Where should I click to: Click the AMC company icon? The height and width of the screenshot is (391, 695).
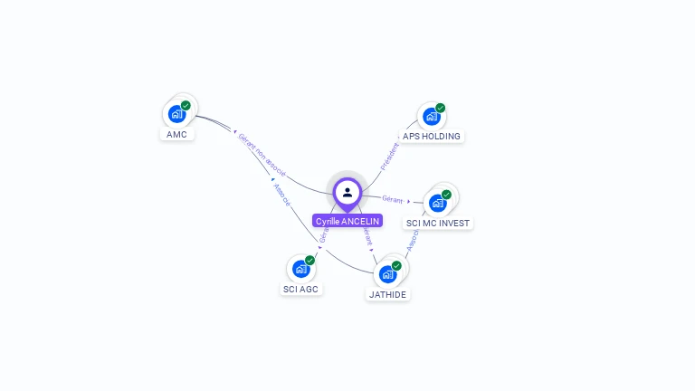pos(176,115)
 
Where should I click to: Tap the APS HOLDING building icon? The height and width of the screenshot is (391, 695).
pos(431,117)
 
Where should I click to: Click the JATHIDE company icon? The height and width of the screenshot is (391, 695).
pos(387,273)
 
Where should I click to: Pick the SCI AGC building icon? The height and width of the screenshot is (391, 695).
pos(300,269)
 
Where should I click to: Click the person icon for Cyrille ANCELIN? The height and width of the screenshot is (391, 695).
pos(347,192)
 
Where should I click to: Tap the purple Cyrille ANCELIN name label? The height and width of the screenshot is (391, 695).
pos(347,221)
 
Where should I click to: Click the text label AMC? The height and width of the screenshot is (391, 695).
pos(176,135)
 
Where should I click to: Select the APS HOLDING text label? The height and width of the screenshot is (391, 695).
pos(432,137)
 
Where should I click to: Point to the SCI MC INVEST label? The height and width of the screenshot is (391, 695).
pos(439,223)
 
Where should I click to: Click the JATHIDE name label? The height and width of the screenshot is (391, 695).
pos(388,294)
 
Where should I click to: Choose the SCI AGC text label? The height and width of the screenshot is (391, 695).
pos(300,290)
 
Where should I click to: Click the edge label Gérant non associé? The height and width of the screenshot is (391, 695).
pos(262,155)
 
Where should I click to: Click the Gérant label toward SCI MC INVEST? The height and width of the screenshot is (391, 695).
pos(392,198)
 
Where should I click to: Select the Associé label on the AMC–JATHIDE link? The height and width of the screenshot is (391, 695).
pos(281,195)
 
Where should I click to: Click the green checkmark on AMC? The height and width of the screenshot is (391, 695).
pos(186,106)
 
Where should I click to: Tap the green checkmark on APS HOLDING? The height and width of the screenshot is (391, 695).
pos(441,108)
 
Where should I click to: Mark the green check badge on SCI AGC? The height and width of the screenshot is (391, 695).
pos(309,260)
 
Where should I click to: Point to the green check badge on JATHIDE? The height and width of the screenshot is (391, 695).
pos(396,265)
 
